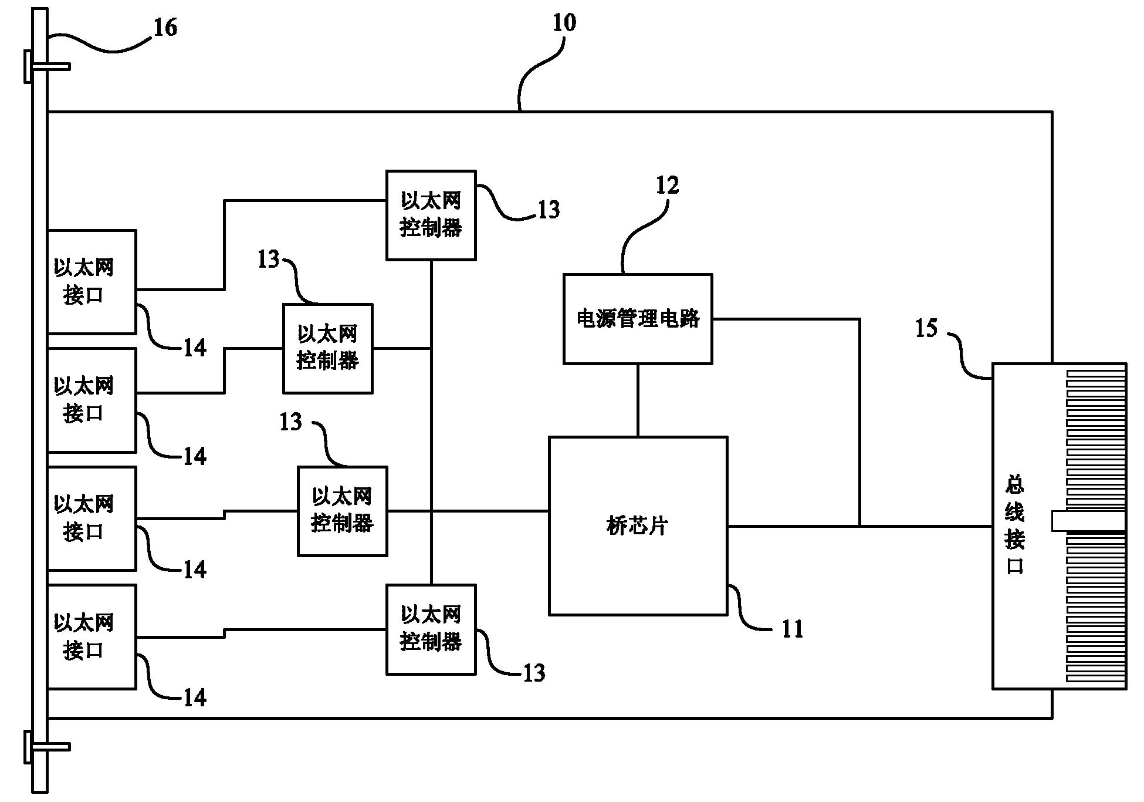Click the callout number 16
(165, 28)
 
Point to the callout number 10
(564, 23)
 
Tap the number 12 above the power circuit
(667, 186)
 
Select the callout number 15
(926, 329)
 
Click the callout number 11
(792, 629)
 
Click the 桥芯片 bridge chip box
(638, 525)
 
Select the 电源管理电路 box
(638, 319)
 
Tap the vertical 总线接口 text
(1014, 525)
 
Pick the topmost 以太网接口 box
(92, 282)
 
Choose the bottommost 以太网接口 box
(92, 636)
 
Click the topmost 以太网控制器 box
(431, 215)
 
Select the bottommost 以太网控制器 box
(431, 629)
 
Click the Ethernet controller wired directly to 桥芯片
(342, 511)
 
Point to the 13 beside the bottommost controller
(534, 673)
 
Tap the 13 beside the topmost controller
(549, 210)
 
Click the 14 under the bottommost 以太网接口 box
(195, 697)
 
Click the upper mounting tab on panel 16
(47, 66)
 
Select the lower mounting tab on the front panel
(47, 747)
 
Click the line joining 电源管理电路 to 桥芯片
(638, 400)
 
